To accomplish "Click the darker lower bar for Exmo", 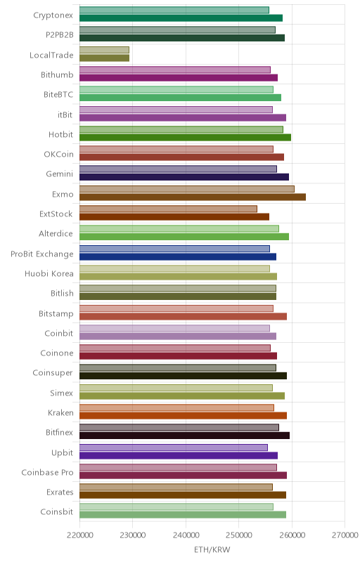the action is [193, 197].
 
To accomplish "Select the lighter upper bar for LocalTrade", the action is [104, 50].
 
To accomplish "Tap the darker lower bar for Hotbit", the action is [185, 137].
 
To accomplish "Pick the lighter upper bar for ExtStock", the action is [168, 209].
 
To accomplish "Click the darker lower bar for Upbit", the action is [179, 455].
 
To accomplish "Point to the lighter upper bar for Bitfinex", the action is [179, 428].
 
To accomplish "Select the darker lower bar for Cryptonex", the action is [181, 18].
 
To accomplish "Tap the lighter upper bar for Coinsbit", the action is [176, 507].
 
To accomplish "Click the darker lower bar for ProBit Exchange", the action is [178, 256].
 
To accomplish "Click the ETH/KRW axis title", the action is [212, 549].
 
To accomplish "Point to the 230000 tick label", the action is [133, 535].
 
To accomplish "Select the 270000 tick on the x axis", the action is [345, 535].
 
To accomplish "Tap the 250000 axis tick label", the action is [239, 535].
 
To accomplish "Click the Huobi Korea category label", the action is [49, 274].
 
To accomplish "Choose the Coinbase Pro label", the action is [47, 472].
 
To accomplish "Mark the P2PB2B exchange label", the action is [60, 34].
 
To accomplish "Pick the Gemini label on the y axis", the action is [60, 174].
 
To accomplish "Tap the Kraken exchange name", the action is [60, 412].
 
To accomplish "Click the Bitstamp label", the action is [56, 314].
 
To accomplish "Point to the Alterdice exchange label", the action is [56, 234].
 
